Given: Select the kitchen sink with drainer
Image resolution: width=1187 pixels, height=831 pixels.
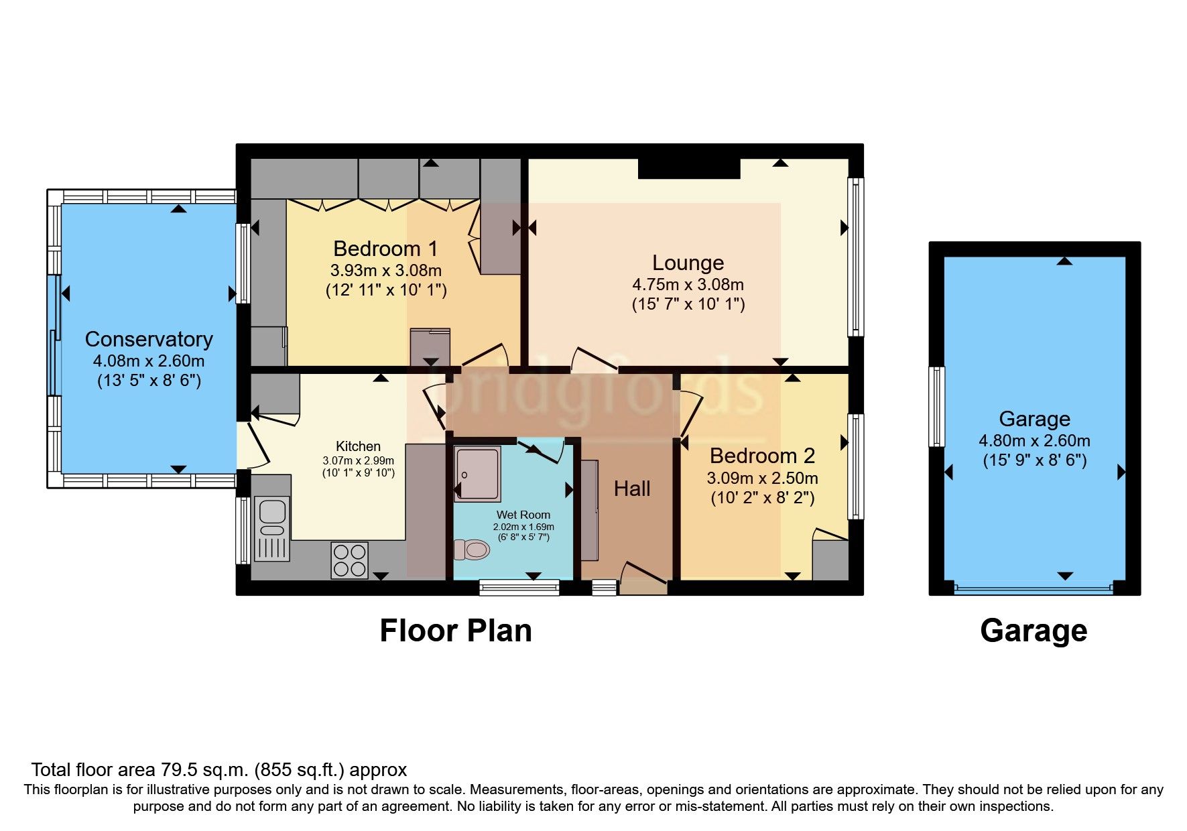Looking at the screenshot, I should [271, 529].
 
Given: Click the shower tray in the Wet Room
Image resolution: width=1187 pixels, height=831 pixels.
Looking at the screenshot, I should [477, 474].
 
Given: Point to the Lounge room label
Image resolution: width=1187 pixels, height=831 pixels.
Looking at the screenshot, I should [688, 263].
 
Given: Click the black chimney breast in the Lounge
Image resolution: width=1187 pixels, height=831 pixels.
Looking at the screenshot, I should [689, 168].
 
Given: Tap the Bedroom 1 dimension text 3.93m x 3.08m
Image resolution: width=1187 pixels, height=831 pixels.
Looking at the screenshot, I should [385, 271].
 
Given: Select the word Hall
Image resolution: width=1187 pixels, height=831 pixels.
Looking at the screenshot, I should [632, 489].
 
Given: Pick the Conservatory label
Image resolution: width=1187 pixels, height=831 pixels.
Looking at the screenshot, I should [149, 339].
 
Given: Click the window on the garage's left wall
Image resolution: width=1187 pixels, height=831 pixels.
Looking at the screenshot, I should [936, 406].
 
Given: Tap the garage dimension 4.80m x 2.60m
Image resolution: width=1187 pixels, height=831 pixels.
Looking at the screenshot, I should [1034, 441].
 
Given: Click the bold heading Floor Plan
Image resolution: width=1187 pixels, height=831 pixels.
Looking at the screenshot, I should [456, 631].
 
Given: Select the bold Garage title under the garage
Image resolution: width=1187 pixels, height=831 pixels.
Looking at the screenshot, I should [1034, 631].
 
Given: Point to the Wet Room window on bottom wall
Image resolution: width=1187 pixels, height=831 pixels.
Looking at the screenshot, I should [519, 588].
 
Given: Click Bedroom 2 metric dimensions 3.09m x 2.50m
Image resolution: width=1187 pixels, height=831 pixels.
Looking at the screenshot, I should [762, 478].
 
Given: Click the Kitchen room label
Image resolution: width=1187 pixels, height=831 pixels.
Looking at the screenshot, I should [358, 446].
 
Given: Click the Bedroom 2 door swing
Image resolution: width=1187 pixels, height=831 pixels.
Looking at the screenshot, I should [691, 415].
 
